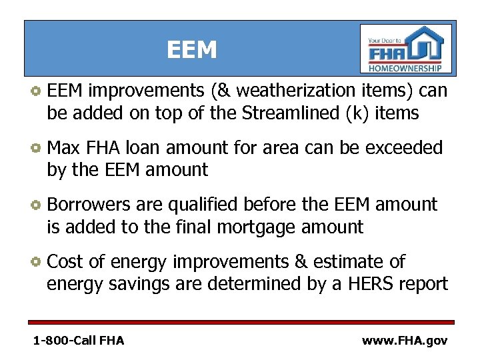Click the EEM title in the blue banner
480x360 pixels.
[192, 50]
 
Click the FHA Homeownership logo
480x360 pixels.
[405, 49]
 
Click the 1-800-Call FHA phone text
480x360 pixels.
[79, 341]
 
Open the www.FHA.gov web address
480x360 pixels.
[405, 341]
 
